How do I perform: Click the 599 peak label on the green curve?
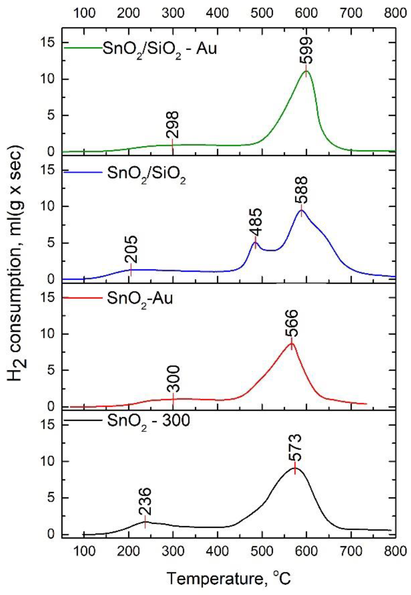tap(306, 50)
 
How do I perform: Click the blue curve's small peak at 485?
tap(255, 242)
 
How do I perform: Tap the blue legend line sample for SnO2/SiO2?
tap(82, 172)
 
